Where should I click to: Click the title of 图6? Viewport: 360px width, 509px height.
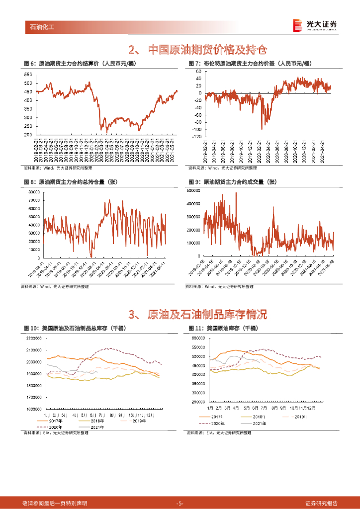(x=80, y=64)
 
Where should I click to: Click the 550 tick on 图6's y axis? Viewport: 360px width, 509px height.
(x=28, y=74)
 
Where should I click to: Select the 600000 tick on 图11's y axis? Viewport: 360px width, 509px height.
(x=198, y=338)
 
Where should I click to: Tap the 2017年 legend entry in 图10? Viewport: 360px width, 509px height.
(x=51, y=421)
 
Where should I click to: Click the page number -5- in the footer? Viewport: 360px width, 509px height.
(x=180, y=503)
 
